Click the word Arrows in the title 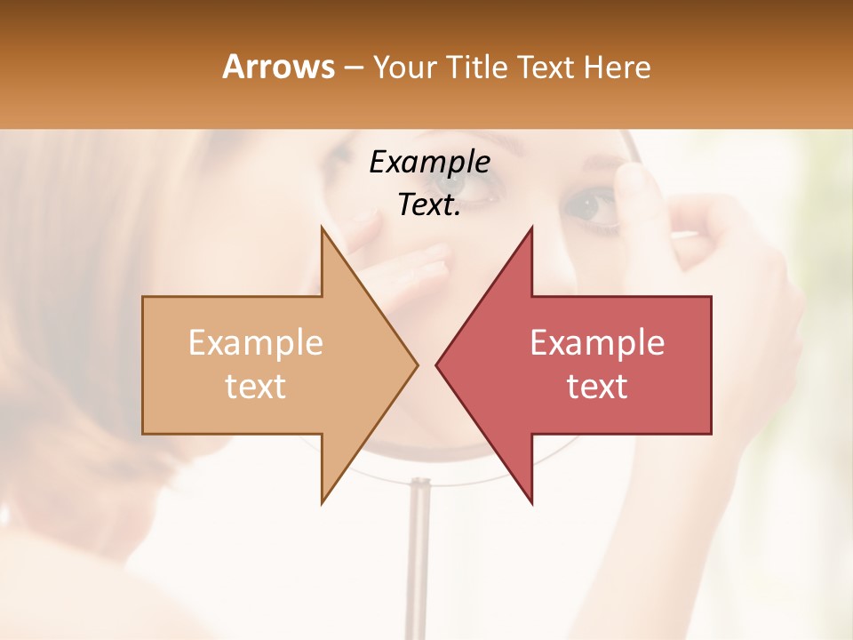[x=278, y=67]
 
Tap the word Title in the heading [x=479, y=67]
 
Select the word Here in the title [x=618, y=67]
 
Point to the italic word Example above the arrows [x=429, y=163]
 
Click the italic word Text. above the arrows [x=429, y=205]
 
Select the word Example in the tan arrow [x=255, y=343]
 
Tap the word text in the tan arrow [x=255, y=387]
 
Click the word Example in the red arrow [x=597, y=343]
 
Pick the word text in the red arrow [x=597, y=387]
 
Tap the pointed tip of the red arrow [x=438, y=364]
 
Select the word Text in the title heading [x=544, y=67]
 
